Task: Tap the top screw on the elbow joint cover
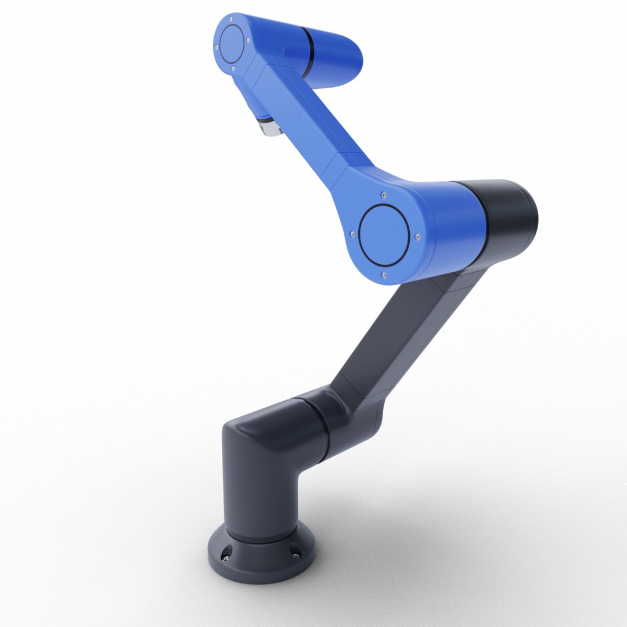click(x=383, y=194)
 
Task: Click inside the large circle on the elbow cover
click(x=384, y=235)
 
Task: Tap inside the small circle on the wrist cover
click(x=232, y=44)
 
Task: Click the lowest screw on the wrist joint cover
click(x=233, y=69)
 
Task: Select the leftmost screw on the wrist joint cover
click(x=217, y=47)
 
